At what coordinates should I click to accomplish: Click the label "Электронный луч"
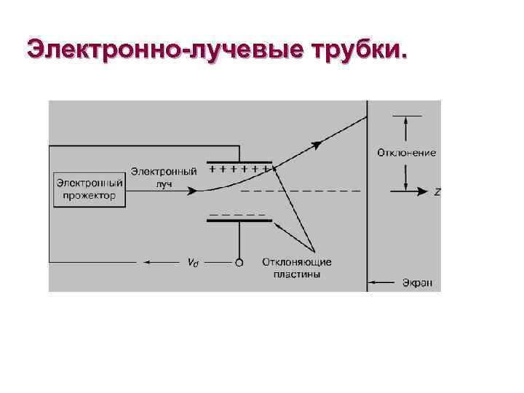point(164,178)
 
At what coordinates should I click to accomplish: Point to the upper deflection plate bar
point(239,162)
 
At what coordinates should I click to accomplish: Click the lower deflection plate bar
point(239,221)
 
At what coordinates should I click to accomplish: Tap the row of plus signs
point(239,168)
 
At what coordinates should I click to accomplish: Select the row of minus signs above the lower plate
point(237,215)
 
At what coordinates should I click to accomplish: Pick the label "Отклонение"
point(407,153)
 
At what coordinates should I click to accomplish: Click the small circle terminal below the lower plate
point(239,262)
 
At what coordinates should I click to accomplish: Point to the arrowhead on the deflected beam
point(317,144)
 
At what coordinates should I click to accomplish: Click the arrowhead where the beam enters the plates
point(192,191)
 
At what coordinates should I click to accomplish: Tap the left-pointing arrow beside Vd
point(149,262)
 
